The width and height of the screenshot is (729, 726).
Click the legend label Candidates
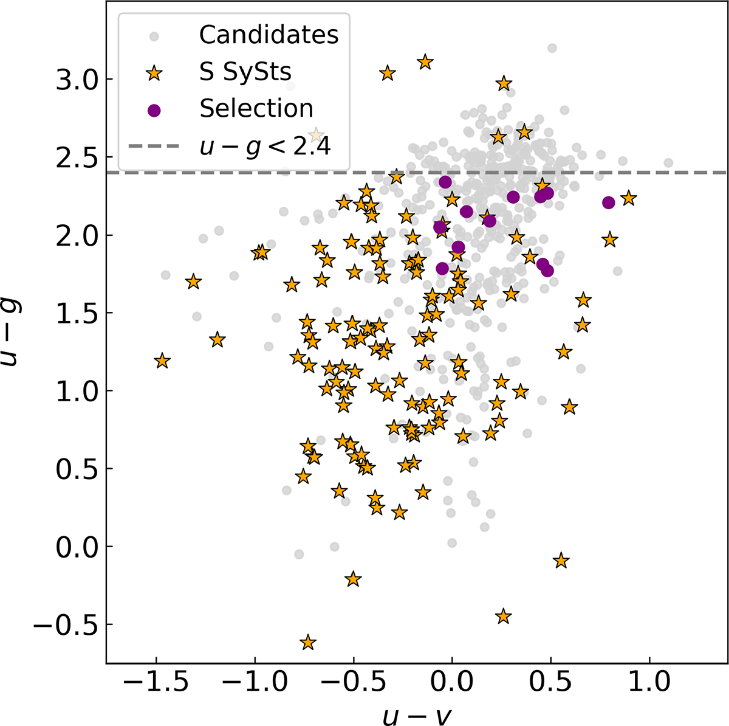269,35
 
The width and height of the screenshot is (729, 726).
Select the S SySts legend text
245,72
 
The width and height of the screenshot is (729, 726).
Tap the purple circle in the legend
154,109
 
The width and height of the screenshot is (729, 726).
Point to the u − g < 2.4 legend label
265,146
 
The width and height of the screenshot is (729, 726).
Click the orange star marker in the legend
154,73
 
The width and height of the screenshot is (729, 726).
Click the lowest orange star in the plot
308,643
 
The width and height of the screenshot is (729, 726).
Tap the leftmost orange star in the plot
162,361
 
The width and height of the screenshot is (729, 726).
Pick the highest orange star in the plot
425,62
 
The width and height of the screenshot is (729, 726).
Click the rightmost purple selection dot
608,202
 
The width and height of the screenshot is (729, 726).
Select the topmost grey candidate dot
552,48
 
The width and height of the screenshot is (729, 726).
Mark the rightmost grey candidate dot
668,162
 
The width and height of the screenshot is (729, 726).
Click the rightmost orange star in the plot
629,198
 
